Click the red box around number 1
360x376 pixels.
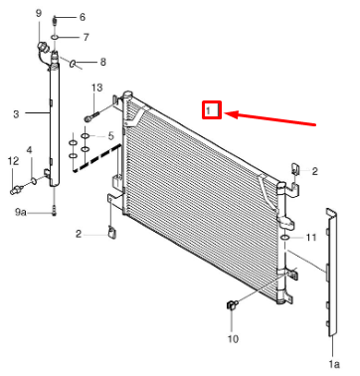point(212,109)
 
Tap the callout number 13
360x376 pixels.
point(97,88)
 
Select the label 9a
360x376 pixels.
point(21,212)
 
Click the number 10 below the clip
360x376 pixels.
point(233,339)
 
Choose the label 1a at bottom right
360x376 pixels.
point(334,364)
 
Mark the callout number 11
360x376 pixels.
point(311,238)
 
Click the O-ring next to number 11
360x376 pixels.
point(285,238)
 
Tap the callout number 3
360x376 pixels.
point(16,114)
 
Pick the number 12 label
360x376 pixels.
point(13,161)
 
